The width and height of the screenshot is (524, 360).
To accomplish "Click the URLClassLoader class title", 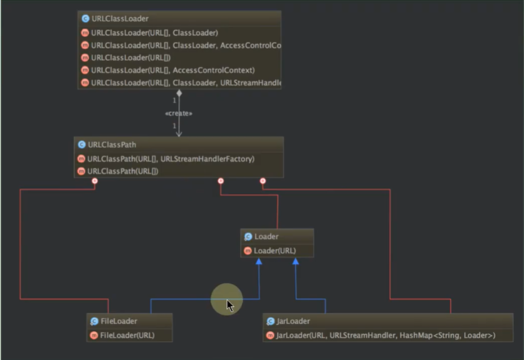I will pos(120,19).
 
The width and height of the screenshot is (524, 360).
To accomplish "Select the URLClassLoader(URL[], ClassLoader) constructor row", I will pos(154,33).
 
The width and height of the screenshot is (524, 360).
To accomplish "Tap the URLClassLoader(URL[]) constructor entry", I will pos(131,58).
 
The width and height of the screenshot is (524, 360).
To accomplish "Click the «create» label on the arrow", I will pos(179,114).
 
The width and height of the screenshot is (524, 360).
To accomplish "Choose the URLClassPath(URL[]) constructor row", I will pos(123,171).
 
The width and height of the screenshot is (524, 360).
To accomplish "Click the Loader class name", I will pos(266,236).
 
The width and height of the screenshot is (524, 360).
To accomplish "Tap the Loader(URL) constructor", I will pos(275,251).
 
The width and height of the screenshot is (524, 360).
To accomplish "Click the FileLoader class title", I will pos(118,321).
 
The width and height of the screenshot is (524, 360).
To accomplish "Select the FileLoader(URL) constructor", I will pos(127,335).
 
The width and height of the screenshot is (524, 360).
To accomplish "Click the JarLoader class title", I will pos(293,321).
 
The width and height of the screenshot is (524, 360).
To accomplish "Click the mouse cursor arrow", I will pos(229,305).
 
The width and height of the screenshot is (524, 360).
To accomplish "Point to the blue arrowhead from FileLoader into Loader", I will pos(259,261).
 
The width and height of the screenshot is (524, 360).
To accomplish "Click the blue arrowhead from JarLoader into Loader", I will pos(296,261).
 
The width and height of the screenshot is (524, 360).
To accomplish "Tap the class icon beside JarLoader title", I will pos(271,321).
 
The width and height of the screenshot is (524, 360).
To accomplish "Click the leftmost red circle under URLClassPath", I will pos(95,181).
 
